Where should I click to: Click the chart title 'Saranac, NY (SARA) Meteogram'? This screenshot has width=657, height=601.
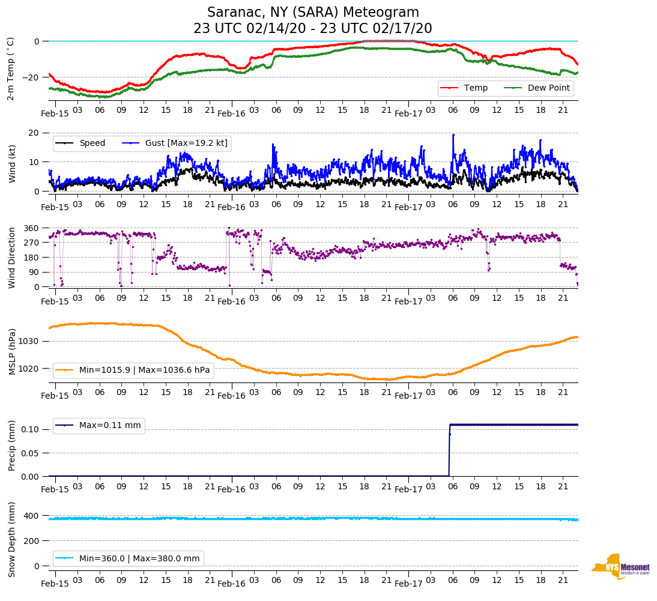313,13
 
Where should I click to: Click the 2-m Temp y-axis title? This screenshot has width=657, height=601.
11,68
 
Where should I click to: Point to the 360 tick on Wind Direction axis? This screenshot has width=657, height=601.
31,228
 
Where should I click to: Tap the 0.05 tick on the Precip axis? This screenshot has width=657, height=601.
28,453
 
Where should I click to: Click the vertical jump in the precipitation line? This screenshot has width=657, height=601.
449,450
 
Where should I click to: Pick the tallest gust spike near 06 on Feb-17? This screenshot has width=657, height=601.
453,135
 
